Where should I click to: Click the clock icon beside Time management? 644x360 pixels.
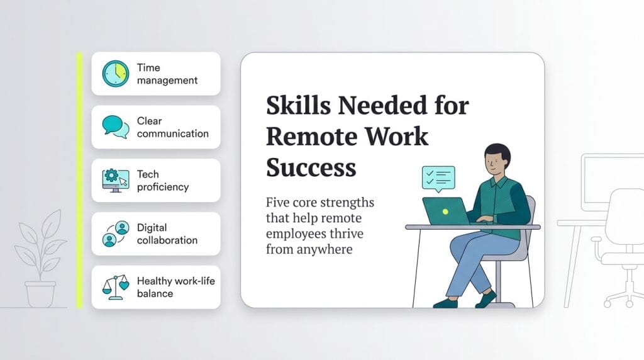(115, 74)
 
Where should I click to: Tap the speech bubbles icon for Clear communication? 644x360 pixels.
(116, 127)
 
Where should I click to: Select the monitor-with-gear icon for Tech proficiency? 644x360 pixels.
(115, 180)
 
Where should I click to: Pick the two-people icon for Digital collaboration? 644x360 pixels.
(116, 233)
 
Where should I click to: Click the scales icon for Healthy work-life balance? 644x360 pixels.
(116, 287)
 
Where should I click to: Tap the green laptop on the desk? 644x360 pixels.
(445, 211)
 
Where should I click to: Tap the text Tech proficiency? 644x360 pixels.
(162, 181)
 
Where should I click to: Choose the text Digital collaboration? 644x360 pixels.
(167, 233)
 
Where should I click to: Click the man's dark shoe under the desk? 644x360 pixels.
(445, 303)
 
